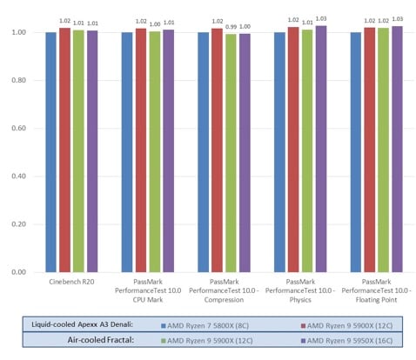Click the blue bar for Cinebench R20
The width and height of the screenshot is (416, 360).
(x=50, y=152)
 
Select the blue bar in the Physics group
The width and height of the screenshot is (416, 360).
(x=279, y=152)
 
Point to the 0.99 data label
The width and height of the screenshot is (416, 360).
(x=231, y=27)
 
